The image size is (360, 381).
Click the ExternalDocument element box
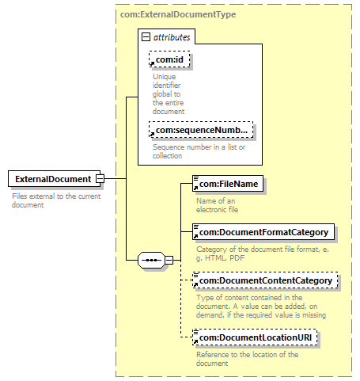[54, 179]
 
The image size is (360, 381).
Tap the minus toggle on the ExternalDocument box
[100, 179]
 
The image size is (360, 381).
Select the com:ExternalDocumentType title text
[178, 14]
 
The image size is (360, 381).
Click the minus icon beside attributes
[146, 37]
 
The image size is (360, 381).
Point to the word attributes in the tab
[172, 37]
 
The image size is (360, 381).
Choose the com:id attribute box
[169, 59]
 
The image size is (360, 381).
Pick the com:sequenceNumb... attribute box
[201, 130]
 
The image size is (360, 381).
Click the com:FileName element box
[228, 184]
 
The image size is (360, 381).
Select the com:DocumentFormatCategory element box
[263, 232]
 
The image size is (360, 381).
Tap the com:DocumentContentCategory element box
[265, 280]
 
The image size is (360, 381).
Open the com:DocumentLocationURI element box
[255, 337]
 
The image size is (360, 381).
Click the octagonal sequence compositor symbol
[151, 260]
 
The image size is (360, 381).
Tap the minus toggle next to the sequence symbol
[169, 260]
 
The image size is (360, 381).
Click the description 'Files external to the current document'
[56, 200]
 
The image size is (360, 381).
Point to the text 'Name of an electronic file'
[217, 205]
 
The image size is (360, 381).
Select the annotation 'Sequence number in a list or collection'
[199, 151]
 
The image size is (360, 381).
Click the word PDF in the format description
[237, 257]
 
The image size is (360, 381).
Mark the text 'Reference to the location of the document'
[247, 359]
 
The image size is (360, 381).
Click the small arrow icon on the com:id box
[152, 63]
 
